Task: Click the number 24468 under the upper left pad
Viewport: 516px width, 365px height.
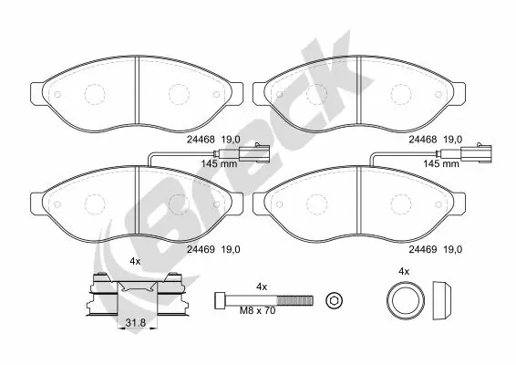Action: click(200, 140)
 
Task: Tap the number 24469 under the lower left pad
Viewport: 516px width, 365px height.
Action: click(200, 248)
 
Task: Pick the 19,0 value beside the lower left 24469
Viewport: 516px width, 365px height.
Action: click(230, 248)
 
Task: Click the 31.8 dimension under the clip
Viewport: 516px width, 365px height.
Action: click(134, 322)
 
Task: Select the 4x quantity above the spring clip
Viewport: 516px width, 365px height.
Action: click(134, 262)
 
